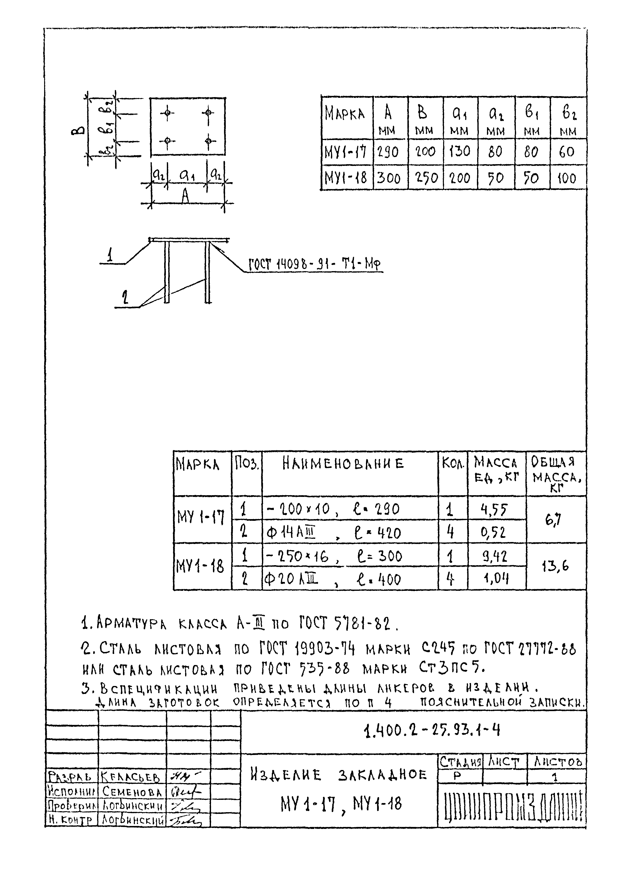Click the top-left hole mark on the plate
pyautogui.click(x=167, y=113)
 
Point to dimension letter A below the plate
pyautogui.click(x=186, y=196)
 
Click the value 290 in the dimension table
pyautogui.click(x=388, y=152)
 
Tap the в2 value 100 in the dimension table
pyautogui.click(x=567, y=178)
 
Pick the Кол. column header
pyautogui.click(x=453, y=462)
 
